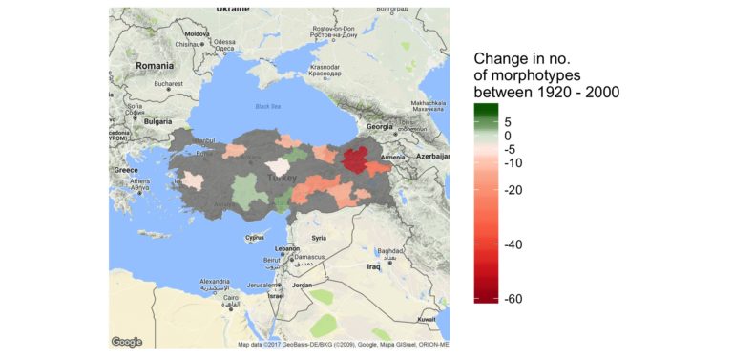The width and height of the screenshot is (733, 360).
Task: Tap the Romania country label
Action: (x=155, y=65)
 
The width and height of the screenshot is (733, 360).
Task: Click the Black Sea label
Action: (x=267, y=106)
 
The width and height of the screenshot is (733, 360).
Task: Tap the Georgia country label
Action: (x=380, y=127)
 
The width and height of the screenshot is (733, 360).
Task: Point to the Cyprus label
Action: (x=254, y=237)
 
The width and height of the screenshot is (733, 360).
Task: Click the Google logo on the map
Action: (x=127, y=341)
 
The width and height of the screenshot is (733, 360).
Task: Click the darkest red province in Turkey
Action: (x=356, y=159)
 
